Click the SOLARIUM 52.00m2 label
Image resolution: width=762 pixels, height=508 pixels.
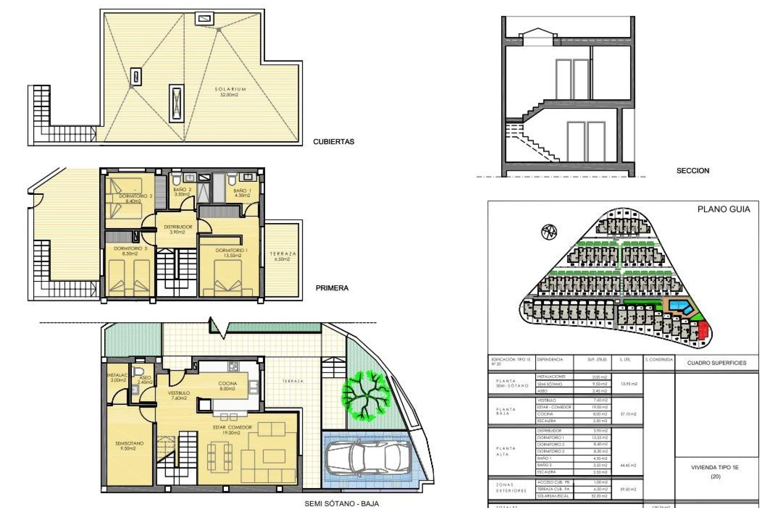(x=230, y=92)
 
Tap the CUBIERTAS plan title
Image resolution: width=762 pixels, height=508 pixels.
(x=333, y=142)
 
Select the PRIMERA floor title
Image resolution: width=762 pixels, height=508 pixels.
(x=332, y=288)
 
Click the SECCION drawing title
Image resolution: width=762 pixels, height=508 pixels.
(x=693, y=171)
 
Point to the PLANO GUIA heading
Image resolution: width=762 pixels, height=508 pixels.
(x=724, y=210)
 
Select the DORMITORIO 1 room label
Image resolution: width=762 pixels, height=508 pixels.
(x=231, y=253)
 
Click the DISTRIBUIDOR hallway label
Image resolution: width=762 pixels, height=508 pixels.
(x=178, y=229)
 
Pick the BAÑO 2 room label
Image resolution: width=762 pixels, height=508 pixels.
(x=182, y=192)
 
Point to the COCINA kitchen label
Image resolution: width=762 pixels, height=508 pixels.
(x=227, y=386)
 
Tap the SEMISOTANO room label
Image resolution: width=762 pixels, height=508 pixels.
(x=129, y=446)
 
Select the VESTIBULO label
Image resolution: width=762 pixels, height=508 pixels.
(x=179, y=395)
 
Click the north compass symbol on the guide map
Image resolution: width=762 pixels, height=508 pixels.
(x=549, y=231)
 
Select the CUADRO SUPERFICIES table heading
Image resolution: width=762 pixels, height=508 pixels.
(x=716, y=363)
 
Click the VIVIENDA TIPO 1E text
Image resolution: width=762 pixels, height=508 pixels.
(x=714, y=468)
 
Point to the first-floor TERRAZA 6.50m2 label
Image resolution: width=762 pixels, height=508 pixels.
(x=283, y=256)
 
